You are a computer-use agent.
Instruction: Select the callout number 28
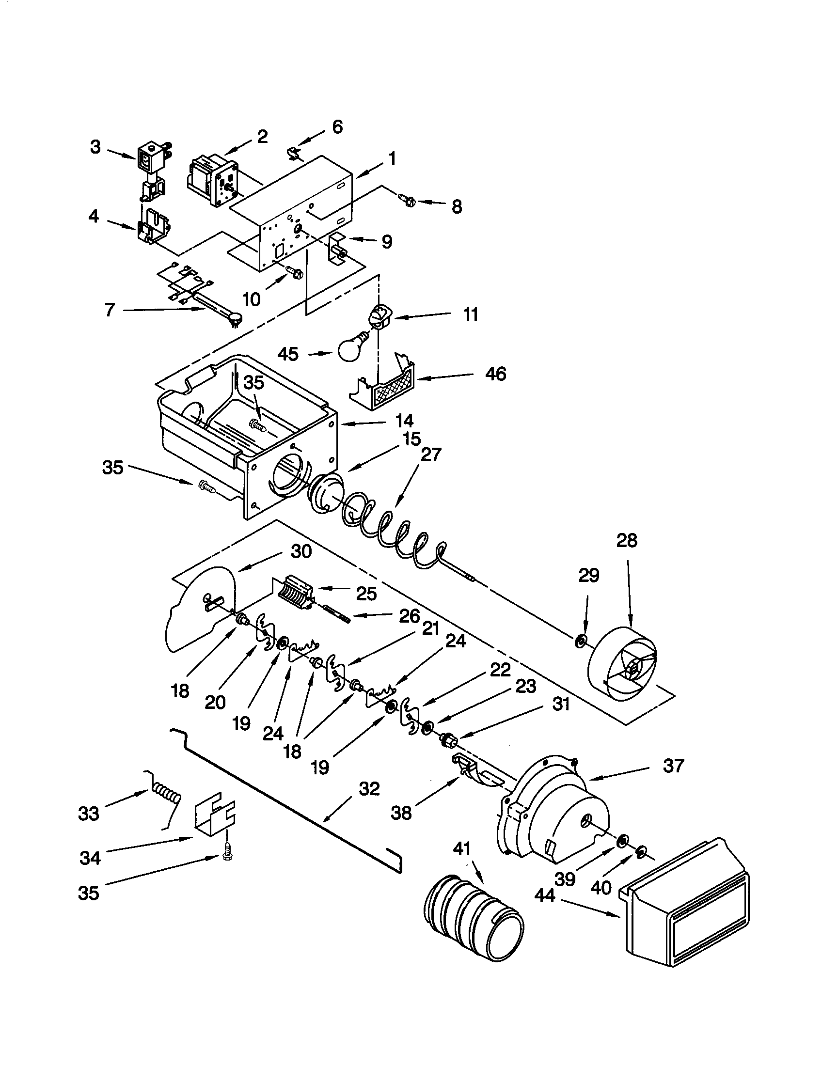(x=626, y=541)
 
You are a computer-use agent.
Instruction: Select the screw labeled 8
(x=406, y=199)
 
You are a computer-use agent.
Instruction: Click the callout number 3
(x=95, y=146)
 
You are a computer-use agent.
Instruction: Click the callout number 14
(x=405, y=420)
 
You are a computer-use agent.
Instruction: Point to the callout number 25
(x=366, y=594)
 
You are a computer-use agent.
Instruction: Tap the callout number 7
(x=110, y=310)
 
